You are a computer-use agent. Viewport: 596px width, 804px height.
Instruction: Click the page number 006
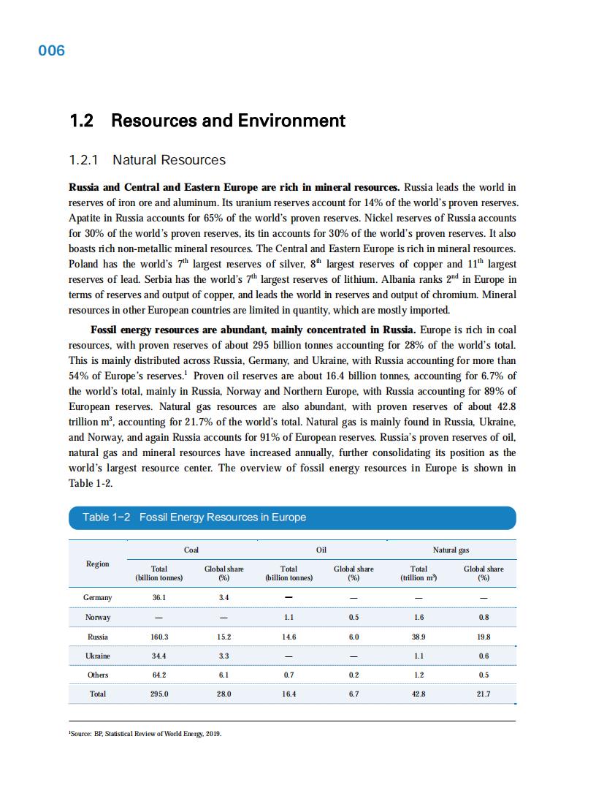(x=51, y=50)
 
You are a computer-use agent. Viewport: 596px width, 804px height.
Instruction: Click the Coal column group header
(x=191, y=550)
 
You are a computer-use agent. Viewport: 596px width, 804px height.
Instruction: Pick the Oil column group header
(x=321, y=550)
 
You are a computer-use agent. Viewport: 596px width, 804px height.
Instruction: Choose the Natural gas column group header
(x=451, y=550)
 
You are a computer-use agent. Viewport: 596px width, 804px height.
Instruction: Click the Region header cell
(x=98, y=564)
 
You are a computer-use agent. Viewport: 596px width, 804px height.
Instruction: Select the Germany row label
(x=98, y=598)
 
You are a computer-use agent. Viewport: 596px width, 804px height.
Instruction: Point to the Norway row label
(x=98, y=618)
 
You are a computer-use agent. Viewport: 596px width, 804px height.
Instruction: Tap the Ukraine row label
(x=98, y=656)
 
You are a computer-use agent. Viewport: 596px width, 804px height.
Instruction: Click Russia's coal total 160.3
(x=158, y=637)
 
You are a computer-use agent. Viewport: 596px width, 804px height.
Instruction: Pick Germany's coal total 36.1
(x=158, y=598)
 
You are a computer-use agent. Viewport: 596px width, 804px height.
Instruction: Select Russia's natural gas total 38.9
(x=419, y=637)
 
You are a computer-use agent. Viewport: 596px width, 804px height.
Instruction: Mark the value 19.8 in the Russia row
(x=484, y=637)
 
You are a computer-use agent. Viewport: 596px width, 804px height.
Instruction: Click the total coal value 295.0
(x=158, y=694)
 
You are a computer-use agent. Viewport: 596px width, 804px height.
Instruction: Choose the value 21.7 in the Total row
(x=484, y=694)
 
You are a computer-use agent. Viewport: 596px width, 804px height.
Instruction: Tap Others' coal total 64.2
(x=158, y=675)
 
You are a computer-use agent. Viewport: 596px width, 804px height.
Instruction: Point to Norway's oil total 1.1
(x=289, y=618)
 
